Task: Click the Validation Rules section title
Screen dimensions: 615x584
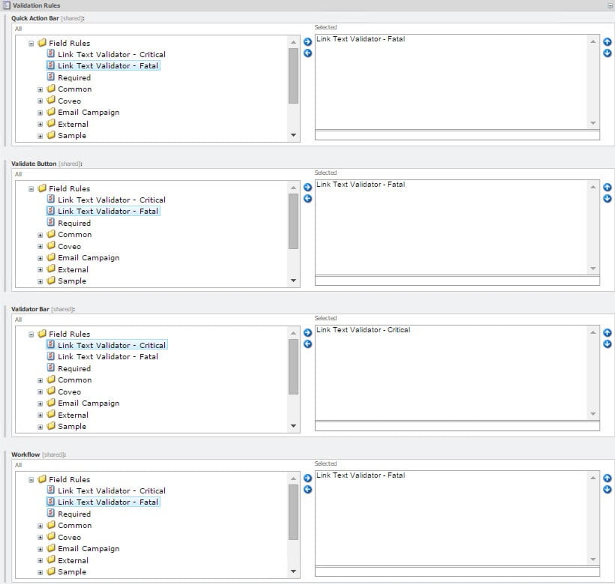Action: pos(36,5)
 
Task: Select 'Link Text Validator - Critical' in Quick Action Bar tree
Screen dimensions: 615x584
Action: pos(111,54)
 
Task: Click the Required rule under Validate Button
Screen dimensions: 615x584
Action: pos(74,223)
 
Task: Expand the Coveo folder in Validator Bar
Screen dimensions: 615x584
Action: pos(40,392)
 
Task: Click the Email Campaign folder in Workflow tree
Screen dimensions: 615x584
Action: pos(88,549)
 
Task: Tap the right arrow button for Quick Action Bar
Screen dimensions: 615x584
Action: pos(307,42)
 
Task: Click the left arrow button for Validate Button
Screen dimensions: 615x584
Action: pos(307,199)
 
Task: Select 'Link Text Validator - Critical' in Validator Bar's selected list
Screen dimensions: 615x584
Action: pos(363,330)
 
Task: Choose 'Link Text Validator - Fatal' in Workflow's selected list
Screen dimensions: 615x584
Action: pos(360,475)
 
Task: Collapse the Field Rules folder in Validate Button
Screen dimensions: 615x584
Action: pos(31,189)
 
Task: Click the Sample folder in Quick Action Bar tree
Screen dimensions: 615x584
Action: pos(72,136)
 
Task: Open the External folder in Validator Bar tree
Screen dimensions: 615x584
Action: pos(73,415)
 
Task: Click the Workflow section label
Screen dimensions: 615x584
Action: pos(26,455)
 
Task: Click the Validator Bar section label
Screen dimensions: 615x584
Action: pos(30,309)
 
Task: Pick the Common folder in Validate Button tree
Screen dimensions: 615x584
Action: pos(75,235)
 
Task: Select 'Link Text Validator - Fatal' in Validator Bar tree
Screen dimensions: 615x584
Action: pos(108,357)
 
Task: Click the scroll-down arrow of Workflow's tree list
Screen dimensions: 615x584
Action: pos(293,571)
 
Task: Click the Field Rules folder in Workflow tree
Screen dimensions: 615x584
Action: pos(69,480)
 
